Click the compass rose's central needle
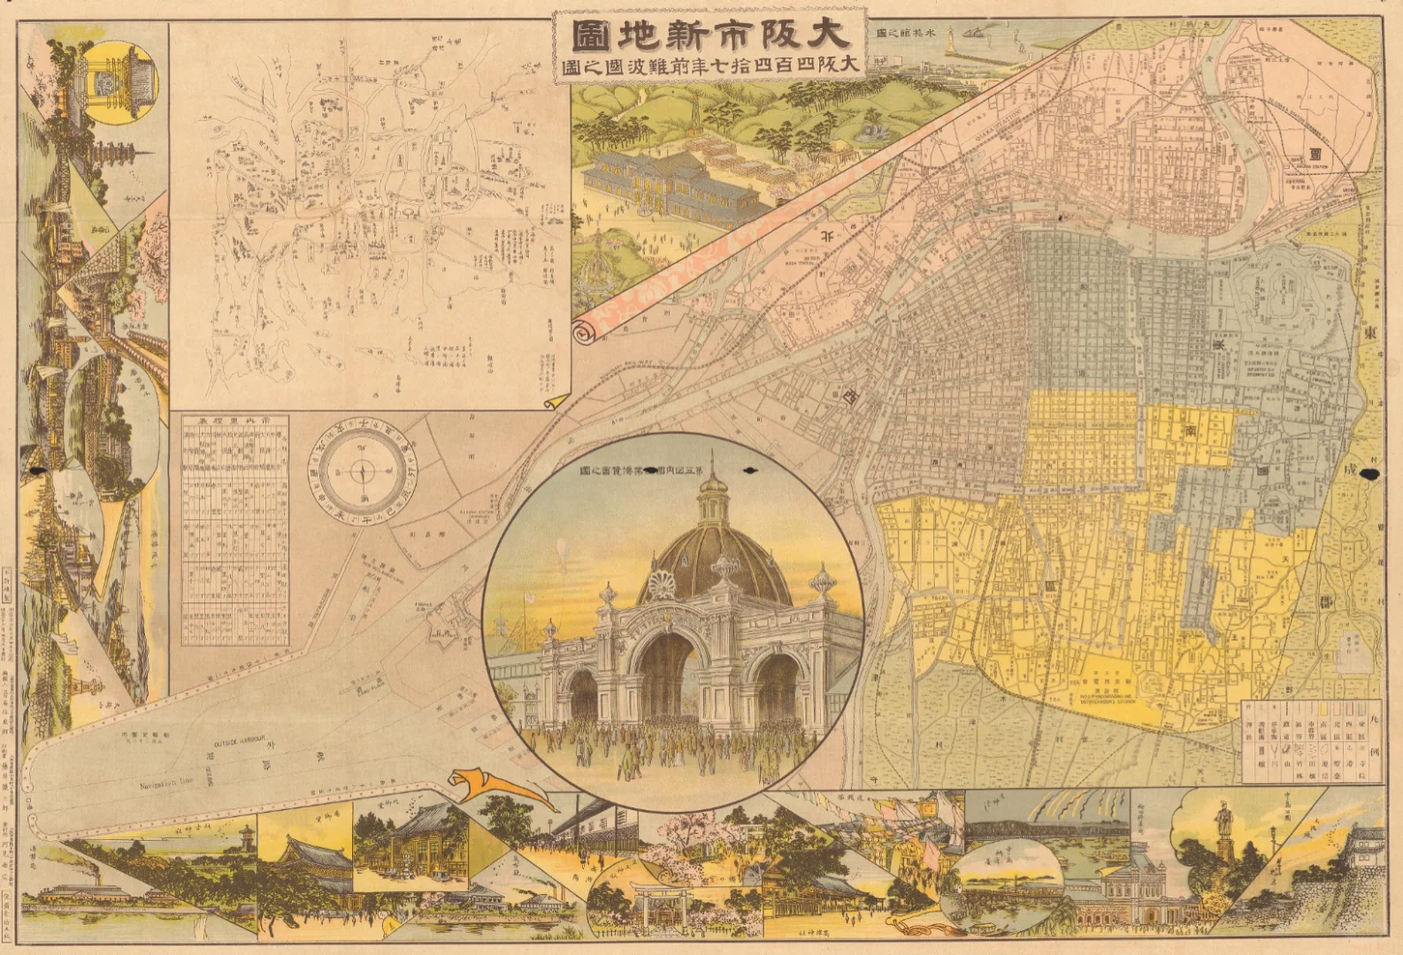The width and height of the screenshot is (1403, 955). [362, 470]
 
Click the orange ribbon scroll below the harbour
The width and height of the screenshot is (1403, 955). [495, 787]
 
